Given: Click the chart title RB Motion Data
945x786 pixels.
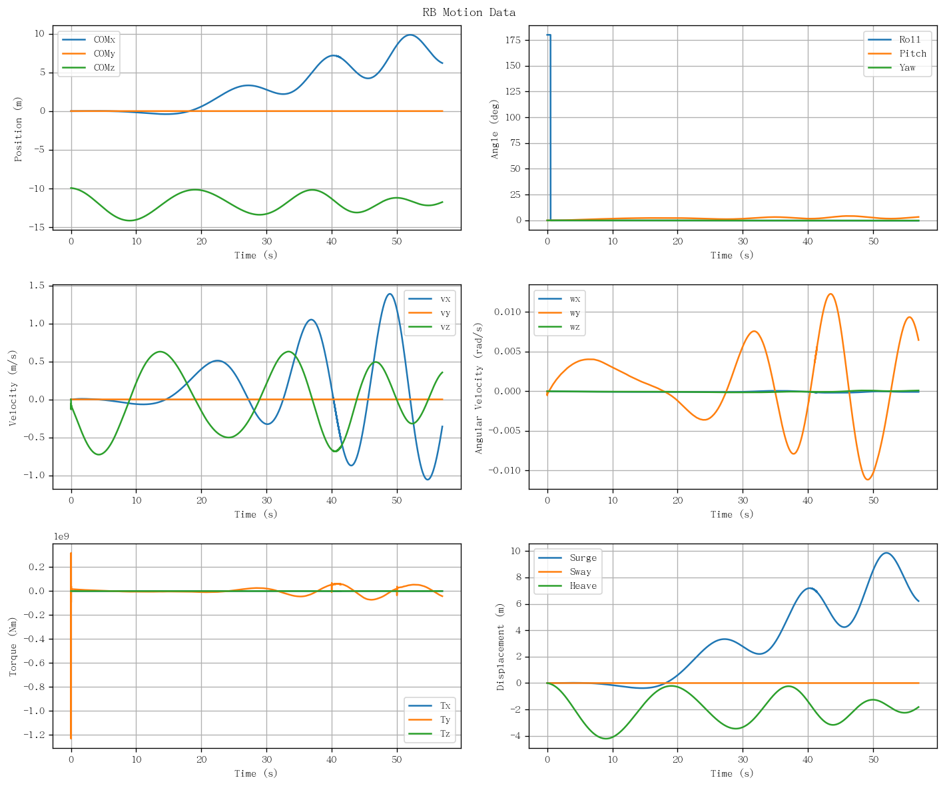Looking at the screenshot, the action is [x=469, y=12].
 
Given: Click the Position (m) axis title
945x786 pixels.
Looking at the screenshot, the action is [x=18, y=129].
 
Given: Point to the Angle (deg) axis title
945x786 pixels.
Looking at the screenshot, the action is [x=494, y=129].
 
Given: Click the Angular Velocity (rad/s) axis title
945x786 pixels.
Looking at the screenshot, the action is [x=478, y=388].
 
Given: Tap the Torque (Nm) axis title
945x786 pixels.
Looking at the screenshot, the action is [x=13, y=647].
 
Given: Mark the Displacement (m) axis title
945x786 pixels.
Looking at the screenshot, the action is [x=499, y=647].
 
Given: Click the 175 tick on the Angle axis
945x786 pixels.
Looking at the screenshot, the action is [x=513, y=40].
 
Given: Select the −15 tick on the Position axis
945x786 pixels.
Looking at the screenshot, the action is [x=37, y=228].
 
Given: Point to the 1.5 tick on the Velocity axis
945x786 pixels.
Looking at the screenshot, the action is [x=37, y=285].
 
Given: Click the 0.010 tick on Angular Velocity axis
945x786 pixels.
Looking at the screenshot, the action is [x=507, y=312].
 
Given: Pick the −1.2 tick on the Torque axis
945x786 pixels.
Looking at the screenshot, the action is [x=34, y=735].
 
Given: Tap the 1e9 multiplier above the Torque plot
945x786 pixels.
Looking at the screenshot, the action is [x=61, y=536].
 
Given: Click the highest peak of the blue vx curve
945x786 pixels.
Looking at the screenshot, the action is [x=390, y=294].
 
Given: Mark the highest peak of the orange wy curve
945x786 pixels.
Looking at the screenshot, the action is [x=830, y=294].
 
